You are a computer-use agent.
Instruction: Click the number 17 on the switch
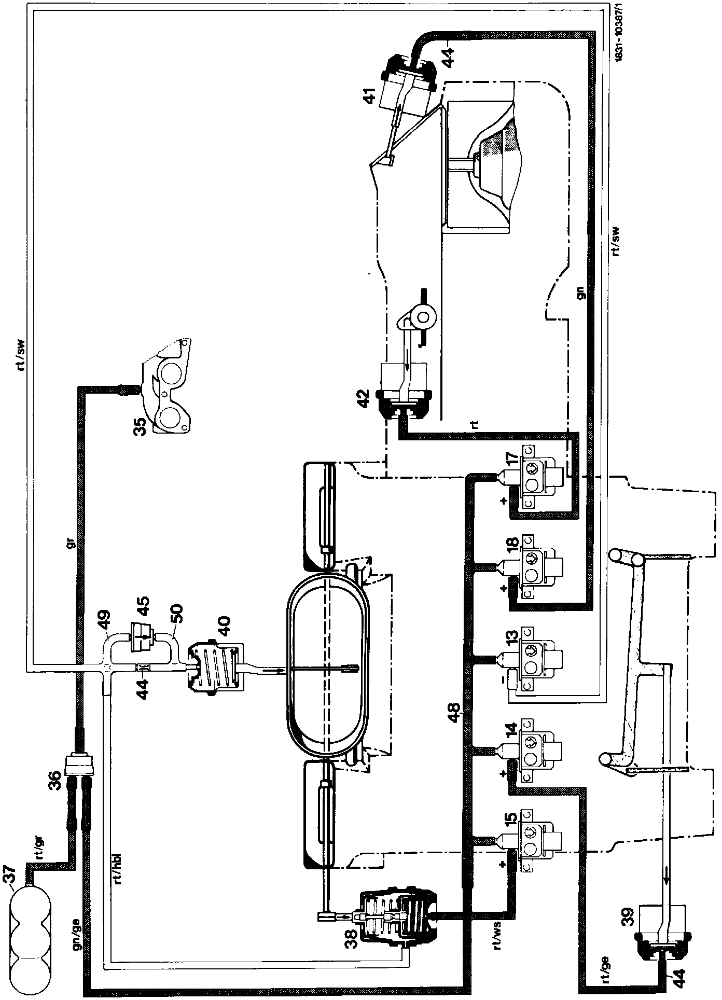512,461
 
